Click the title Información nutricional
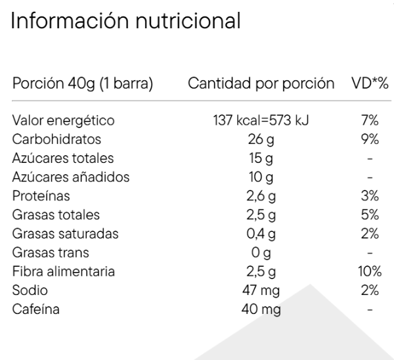[125, 21]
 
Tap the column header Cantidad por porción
[261, 83]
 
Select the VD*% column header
[370, 83]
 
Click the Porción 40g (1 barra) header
[83, 83]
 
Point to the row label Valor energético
[63, 120]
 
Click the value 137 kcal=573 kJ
[261, 120]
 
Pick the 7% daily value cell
[370, 120]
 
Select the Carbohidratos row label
[56, 139]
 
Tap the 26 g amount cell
[261, 140]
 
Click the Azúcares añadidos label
[71, 177]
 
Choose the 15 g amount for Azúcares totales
[261, 158]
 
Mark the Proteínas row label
[41, 196]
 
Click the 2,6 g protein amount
[261, 196]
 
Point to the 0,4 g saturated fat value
[261, 234]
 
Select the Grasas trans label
[51, 252]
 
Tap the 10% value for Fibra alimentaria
[370, 271]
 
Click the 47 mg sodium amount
[261, 290]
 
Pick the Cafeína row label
[36, 309]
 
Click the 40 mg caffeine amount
[261, 309]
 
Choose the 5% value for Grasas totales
[370, 215]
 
